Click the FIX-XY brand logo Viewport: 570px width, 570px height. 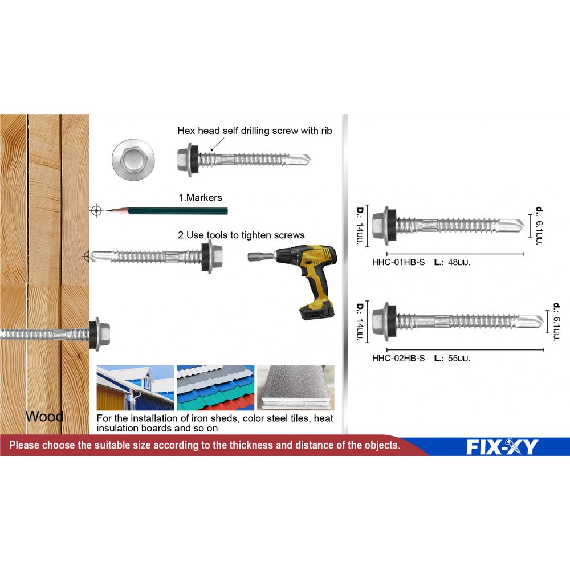click(502, 447)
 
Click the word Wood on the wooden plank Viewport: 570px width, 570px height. click(44, 416)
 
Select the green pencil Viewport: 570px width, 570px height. click(166, 210)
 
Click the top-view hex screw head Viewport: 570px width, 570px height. click(133, 158)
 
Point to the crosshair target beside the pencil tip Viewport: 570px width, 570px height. click(96, 210)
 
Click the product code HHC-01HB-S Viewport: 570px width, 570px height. click(398, 262)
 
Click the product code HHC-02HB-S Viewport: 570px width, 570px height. click(398, 358)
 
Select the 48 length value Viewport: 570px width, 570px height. click(453, 262)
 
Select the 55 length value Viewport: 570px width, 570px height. click(453, 358)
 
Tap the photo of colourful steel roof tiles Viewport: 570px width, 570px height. click(215, 388)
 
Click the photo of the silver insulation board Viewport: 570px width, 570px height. click(295, 388)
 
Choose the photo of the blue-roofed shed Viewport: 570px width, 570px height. click(135, 388)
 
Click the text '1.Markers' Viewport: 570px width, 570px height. click(200, 197)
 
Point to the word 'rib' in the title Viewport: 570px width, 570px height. click(326, 131)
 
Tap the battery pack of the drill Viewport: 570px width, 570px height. click(316, 311)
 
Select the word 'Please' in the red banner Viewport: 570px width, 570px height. click(25, 445)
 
